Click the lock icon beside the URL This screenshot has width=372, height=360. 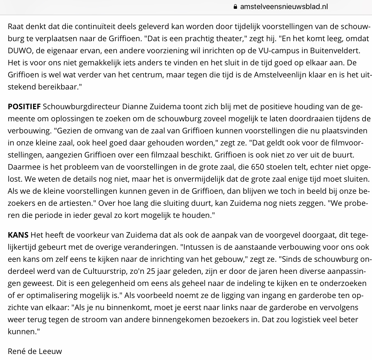click(235, 7)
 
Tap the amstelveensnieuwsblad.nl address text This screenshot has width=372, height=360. click(284, 7)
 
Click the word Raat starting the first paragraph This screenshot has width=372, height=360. click(15, 27)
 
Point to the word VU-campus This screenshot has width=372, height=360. click(277, 51)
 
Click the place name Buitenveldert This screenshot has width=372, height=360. click(335, 51)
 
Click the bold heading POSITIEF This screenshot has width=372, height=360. click(24, 106)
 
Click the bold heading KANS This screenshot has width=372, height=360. click(18, 235)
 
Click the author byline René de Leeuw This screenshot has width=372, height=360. click(35, 351)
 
